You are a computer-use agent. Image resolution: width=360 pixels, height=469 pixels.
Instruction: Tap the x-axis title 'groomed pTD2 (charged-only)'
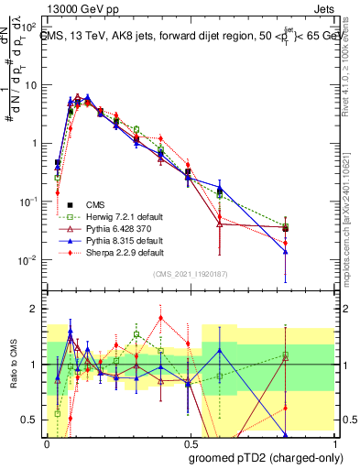[x=265, y=457]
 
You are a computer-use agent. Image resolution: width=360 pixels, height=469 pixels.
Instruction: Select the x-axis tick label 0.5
[x=190, y=442]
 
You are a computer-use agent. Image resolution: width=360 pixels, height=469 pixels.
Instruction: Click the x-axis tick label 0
[x=47, y=442]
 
